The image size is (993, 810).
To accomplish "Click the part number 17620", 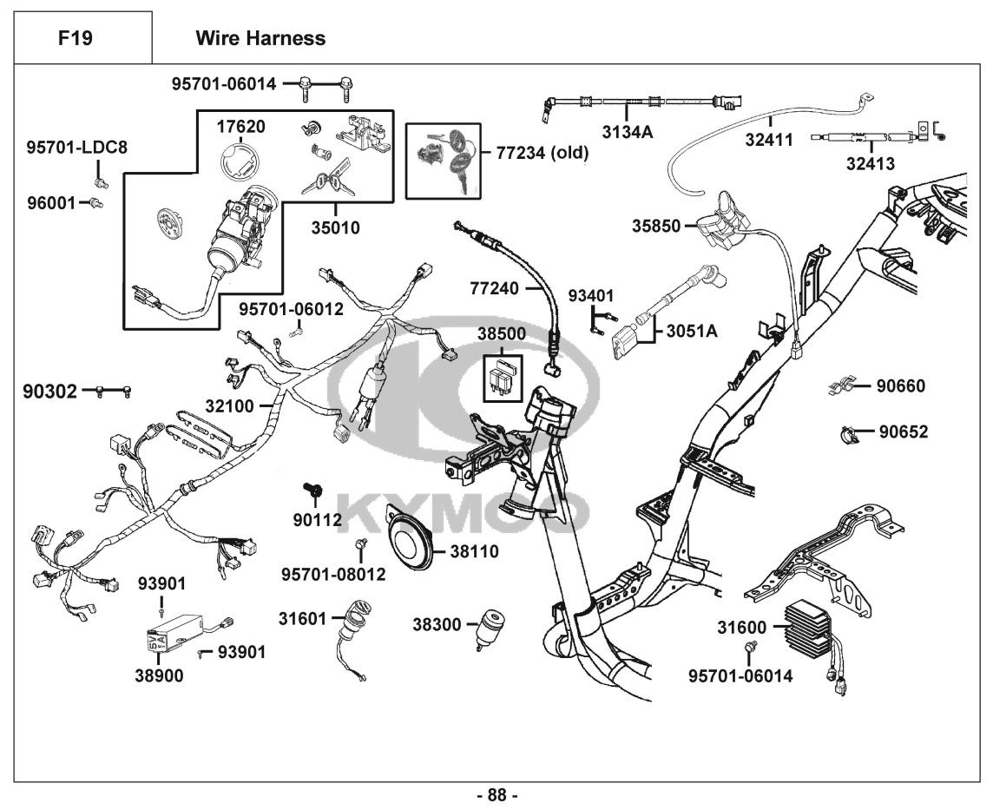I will (240, 127).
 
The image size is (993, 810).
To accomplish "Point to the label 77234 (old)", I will (543, 154).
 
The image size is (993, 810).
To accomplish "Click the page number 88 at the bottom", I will (496, 795).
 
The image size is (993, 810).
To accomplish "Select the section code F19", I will (76, 38).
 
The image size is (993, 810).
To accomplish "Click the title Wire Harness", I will (260, 38).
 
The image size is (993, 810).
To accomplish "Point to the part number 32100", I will (229, 405).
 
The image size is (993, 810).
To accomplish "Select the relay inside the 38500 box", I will (503, 378).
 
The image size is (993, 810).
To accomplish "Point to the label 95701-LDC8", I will (76, 148).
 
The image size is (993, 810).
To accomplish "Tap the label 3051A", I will (692, 330).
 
